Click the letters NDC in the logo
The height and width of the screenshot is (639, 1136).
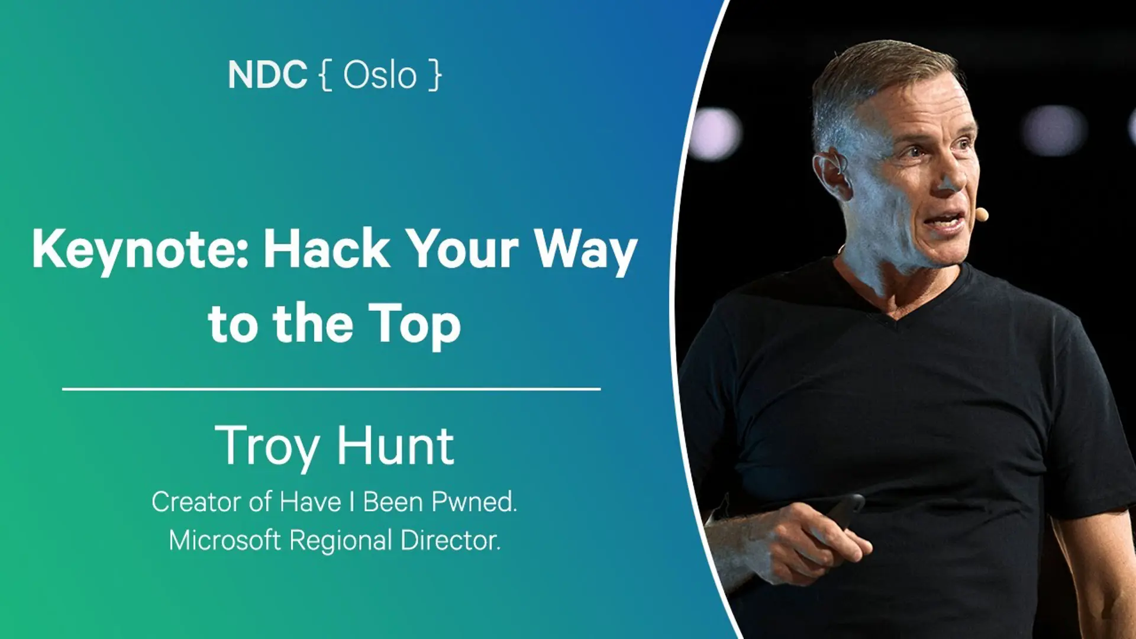pyautogui.click(x=267, y=75)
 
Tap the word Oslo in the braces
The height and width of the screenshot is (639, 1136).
pyautogui.click(x=380, y=75)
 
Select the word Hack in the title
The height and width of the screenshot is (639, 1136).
pyautogui.click(x=327, y=248)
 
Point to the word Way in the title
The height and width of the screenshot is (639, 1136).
pyautogui.click(x=586, y=251)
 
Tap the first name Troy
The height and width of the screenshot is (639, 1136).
pyautogui.click(x=269, y=448)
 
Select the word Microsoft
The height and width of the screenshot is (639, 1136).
pyautogui.click(x=225, y=540)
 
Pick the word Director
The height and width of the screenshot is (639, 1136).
pyautogui.click(x=450, y=540)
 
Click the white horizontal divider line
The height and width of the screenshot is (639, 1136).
pyautogui.click(x=331, y=389)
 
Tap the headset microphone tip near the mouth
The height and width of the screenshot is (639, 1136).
pyautogui.click(x=982, y=214)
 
